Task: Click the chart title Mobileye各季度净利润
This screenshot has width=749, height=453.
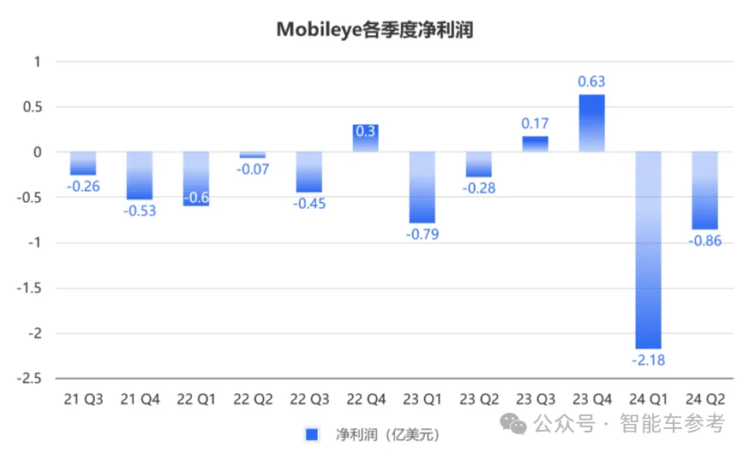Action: pos(374,29)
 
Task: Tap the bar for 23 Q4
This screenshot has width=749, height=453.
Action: pos(591,122)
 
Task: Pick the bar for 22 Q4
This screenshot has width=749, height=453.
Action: pos(366,138)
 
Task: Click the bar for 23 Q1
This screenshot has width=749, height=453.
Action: pos(422,187)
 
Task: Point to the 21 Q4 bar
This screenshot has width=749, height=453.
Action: pos(140,175)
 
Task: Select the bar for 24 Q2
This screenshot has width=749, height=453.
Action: pos(704,190)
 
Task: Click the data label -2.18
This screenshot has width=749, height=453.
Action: pos(648,361)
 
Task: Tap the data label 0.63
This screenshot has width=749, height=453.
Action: pos(591,82)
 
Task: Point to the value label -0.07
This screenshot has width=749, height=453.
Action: pos(253,170)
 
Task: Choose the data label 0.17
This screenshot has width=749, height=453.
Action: pos(535,124)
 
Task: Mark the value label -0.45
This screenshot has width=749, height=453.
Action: pos(309,204)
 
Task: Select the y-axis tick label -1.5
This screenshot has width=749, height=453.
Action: pos(32,288)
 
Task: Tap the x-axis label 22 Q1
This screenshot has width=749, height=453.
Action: pos(196,399)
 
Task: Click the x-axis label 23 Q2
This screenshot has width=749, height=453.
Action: pos(478,399)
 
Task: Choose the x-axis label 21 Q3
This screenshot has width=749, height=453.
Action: pos(83,399)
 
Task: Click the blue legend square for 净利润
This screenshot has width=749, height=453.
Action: pos(312,435)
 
